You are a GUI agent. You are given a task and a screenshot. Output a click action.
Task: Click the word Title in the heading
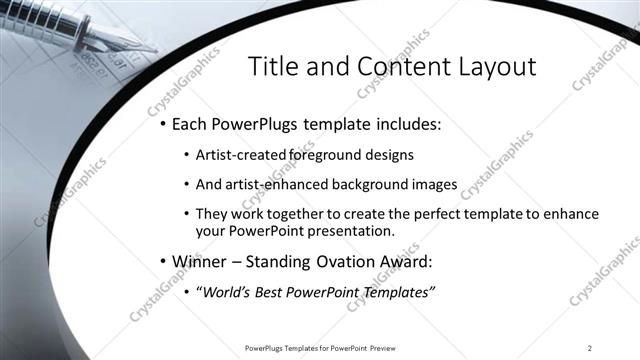tap(272, 67)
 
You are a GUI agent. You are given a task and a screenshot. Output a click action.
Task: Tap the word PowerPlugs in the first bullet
tap(258, 126)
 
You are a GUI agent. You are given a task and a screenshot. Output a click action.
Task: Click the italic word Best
tap(278, 292)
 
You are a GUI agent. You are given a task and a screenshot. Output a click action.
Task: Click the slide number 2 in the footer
tap(590, 348)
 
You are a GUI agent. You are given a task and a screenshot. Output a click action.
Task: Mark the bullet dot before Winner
tap(162, 263)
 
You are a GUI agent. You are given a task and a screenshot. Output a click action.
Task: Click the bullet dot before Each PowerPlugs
tap(162, 126)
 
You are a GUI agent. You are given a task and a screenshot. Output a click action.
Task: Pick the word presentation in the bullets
tap(352, 232)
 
